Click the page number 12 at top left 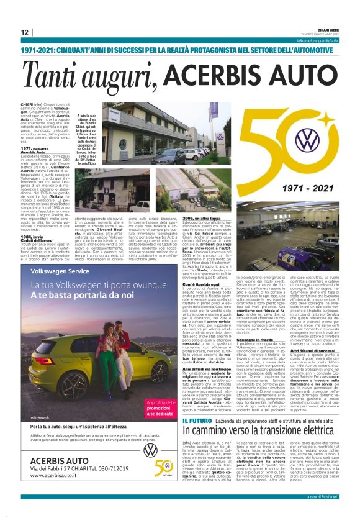point(25,32)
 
